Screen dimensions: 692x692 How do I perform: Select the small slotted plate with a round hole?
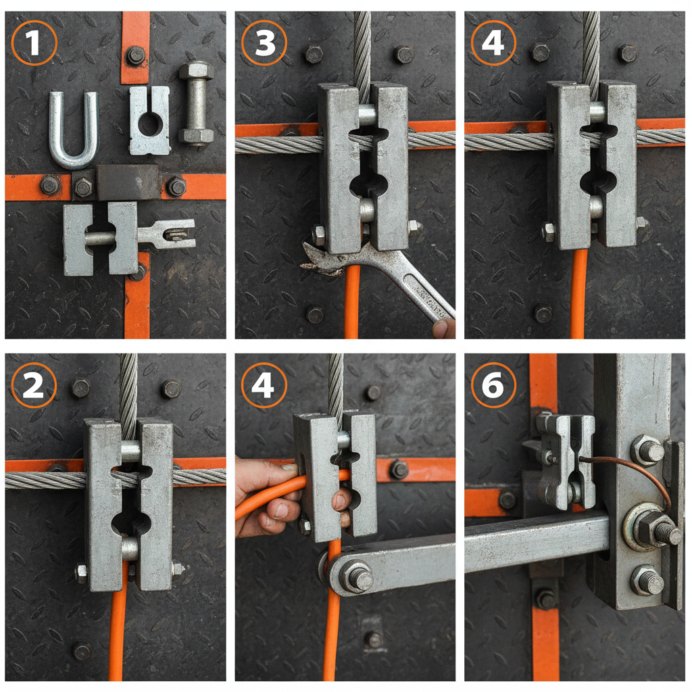[x=149, y=121]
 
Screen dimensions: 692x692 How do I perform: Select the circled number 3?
[x=264, y=43]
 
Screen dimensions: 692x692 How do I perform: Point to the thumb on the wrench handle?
[x=443, y=329]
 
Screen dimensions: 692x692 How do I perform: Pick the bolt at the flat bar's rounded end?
[x=356, y=578]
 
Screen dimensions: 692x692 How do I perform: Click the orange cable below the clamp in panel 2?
[x=118, y=635]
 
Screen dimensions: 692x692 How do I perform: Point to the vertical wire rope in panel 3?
[x=362, y=47]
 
